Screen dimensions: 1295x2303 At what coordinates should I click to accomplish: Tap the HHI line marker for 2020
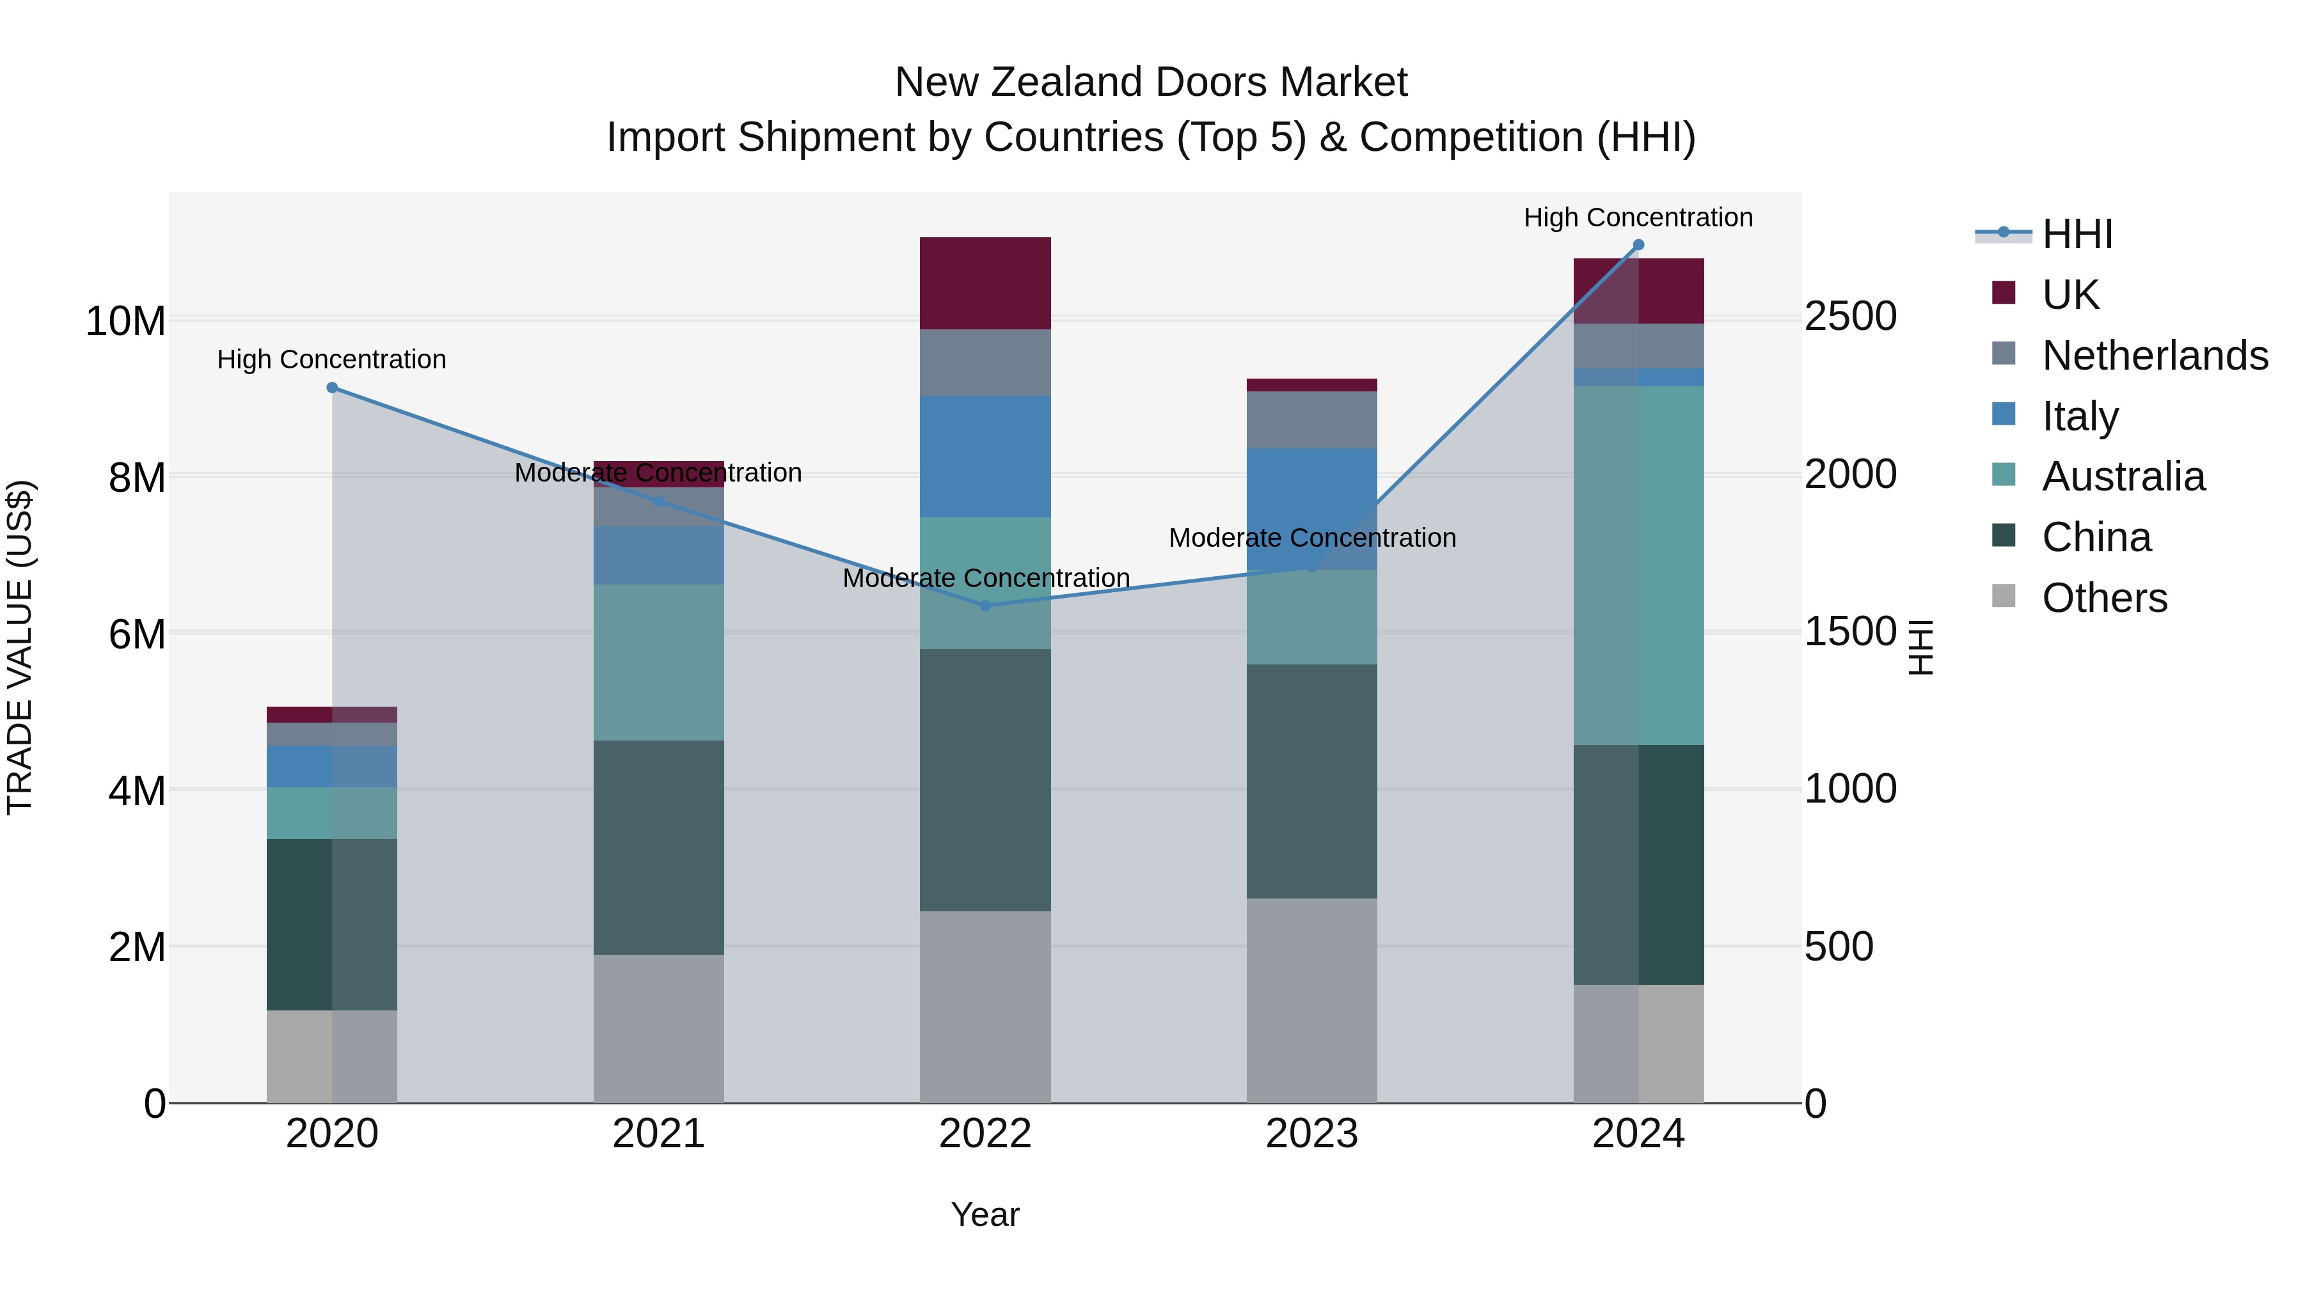tap(331, 388)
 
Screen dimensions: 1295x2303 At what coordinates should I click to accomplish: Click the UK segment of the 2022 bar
tap(985, 283)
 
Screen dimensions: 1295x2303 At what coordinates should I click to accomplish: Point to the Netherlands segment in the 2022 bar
tap(985, 362)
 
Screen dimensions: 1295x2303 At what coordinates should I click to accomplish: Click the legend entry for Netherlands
tap(2155, 356)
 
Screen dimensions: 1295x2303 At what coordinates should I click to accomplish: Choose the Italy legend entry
tap(2080, 416)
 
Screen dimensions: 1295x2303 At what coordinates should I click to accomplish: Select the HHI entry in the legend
tap(2077, 234)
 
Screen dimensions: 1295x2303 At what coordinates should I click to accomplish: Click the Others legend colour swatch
tap(2004, 596)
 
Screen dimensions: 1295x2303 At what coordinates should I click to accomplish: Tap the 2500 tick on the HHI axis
tap(1849, 317)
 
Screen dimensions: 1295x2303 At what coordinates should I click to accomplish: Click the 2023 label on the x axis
tap(1311, 1134)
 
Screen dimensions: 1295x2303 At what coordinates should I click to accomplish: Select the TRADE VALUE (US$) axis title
tap(20, 647)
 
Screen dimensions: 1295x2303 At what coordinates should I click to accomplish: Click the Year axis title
tap(985, 1214)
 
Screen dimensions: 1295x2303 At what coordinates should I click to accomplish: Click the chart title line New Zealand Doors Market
tap(1151, 82)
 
